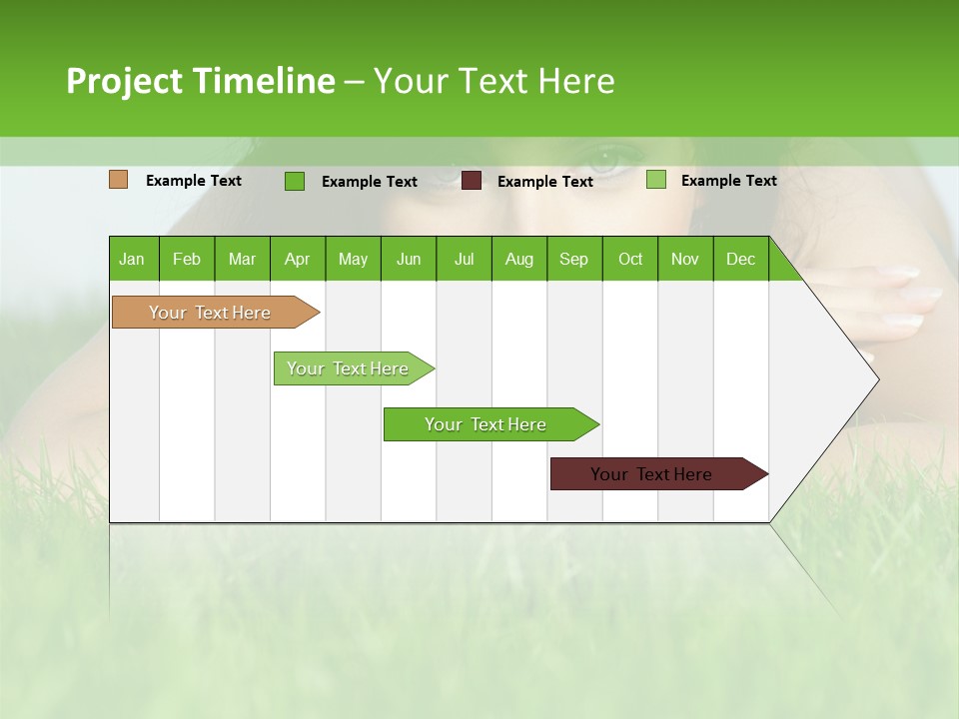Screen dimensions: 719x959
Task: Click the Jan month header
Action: [x=132, y=259]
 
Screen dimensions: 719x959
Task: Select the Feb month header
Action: [x=187, y=259]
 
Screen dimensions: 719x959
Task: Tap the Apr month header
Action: [x=298, y=259]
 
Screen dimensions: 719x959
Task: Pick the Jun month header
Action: [x=409, y=259]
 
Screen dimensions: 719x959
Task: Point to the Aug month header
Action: [x=519, y=259]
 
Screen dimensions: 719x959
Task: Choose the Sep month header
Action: [x=574, y=259]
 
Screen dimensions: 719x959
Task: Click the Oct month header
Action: [x=630, y=259]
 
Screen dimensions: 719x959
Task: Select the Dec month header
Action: [x=741, y=259]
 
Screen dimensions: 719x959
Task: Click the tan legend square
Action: [x=119, y=180]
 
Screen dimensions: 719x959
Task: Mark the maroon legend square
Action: [x=472, y=181]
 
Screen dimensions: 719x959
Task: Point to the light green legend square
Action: [x=656, y=180]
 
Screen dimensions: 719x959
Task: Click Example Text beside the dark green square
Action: [x=369, y=182]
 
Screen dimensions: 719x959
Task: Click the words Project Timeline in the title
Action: [x=200, y=81]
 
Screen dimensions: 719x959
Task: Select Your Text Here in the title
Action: [x=493, y=81]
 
